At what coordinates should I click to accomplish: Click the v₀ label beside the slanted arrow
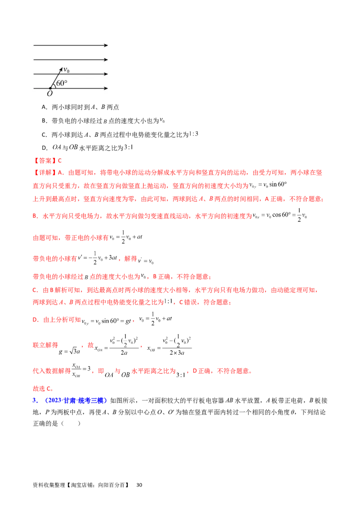point(66,70)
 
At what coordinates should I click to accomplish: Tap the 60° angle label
point(62,83)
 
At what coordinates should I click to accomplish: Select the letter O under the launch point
point(49,93)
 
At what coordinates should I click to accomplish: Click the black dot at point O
point(50,88)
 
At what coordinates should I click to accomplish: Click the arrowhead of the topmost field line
point(106,45)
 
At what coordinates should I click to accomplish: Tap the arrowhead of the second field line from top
point(106,59)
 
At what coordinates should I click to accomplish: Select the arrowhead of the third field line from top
point(106,74)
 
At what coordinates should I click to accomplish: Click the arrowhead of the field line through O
point(106,88)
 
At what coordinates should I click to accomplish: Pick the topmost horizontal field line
point(67,45)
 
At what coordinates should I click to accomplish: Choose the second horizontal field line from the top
point(67,59)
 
